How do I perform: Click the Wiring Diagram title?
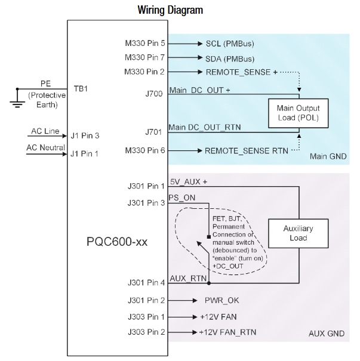(x=170, y=10)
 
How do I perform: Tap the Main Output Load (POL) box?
(x=297, y=112)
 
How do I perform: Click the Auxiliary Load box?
(x=298, y=233)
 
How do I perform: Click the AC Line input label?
(x=44, y=131)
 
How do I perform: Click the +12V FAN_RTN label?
(x=229, y=331)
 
